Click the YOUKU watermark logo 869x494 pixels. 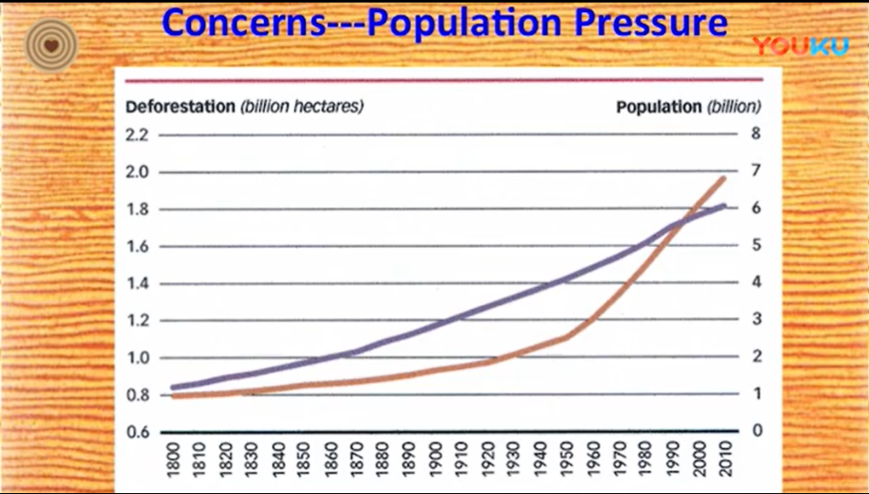800,46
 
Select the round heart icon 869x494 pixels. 51,45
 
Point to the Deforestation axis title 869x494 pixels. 180,107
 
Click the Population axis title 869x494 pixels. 659,107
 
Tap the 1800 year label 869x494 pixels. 175,464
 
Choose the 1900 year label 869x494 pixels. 435,464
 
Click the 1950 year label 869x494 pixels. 566,464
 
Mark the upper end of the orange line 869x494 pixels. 723,178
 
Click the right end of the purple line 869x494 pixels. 723,205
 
